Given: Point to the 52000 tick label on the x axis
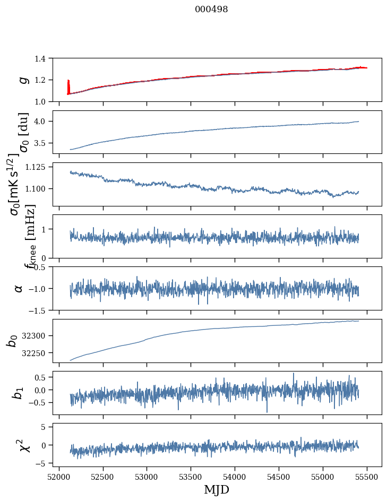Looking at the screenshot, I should tap(59, 476).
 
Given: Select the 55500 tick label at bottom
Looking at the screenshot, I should tap(367, 476).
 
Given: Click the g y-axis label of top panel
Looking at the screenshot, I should tap(23, 80).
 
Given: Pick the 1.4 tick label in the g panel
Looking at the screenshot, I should tap(42, 58).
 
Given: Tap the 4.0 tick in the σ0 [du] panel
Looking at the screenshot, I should tap(42, 122).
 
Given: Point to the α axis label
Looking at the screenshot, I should tap(19, 288).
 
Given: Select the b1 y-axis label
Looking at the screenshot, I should tap(19, 393).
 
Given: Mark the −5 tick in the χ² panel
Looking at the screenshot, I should tap(42, 463).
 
